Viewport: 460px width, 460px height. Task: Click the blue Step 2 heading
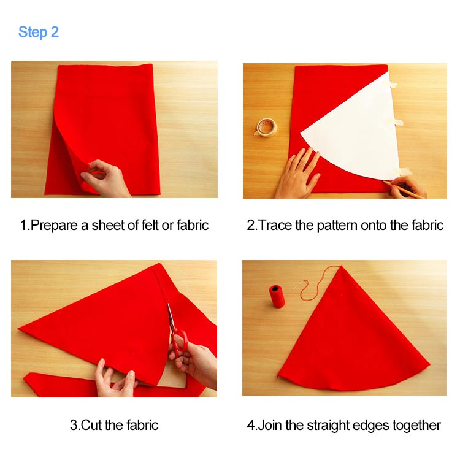[39, 32]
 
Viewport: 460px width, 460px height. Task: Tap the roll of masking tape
[266, 127]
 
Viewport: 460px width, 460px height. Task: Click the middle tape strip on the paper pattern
[397, 122]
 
